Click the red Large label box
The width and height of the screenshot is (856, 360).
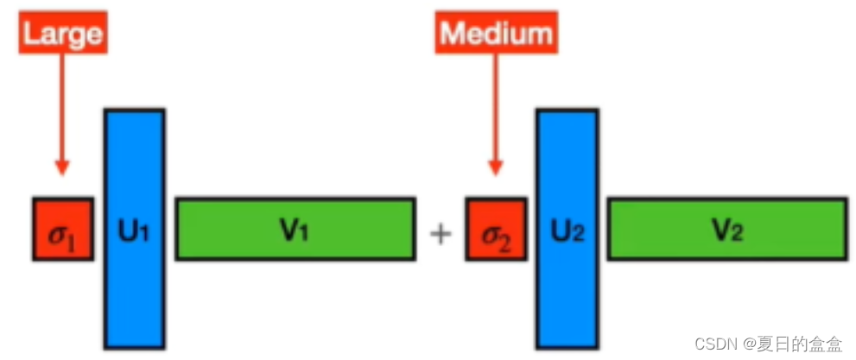63,34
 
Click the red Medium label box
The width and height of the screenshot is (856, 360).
495,34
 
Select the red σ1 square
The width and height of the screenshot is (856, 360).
63,229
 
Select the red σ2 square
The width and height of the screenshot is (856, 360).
495,229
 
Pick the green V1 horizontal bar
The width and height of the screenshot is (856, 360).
295,229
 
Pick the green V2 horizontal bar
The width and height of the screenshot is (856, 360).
726,229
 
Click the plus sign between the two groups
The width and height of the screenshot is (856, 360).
441,232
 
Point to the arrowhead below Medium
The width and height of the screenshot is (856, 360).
495,166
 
